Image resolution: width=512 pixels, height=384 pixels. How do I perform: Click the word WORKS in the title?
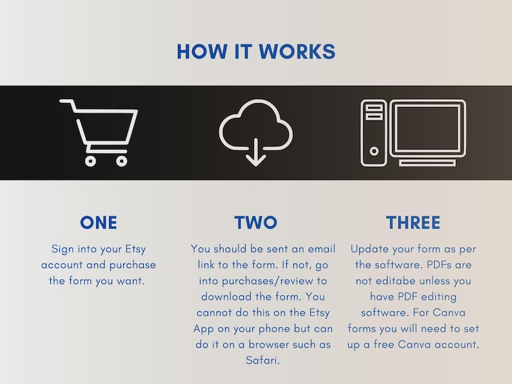pos(297,52)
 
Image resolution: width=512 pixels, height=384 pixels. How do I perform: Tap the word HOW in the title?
pos(202,52)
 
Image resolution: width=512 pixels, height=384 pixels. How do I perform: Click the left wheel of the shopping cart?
pos(90,161)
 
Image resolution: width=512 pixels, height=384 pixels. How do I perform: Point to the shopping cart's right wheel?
pos(121,161)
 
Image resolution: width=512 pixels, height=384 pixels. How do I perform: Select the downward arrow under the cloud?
pos(255,152)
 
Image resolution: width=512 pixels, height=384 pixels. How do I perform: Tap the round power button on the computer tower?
pos(374,151)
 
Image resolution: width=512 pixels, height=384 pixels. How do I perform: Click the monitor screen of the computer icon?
pos(428,128)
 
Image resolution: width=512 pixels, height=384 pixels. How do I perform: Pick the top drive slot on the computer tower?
pos(374,108)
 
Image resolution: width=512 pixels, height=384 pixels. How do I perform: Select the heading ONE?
pos(98,223)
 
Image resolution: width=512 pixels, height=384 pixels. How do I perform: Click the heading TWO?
pos(255,223)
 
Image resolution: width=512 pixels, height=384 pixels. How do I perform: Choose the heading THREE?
pos(413,223)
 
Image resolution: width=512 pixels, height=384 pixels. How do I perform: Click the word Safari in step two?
pos(262,361)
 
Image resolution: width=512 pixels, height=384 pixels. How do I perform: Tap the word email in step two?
pos(322,249)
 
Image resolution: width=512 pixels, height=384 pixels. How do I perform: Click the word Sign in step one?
pos(63,249)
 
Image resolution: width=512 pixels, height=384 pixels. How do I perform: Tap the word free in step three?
pos(384,345)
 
